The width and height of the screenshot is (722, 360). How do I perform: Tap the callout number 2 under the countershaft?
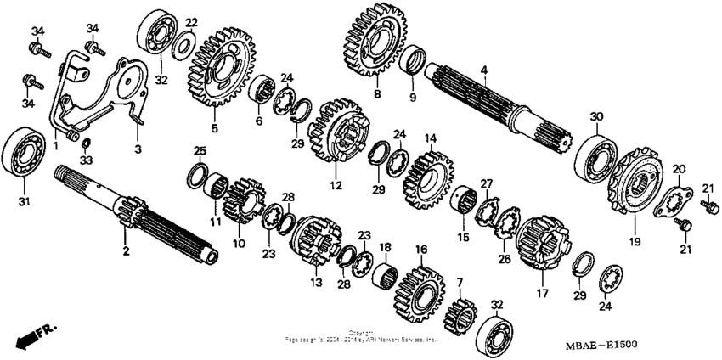click(x=126, y=252)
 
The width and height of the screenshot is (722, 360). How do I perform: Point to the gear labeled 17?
click(x=541, y=242)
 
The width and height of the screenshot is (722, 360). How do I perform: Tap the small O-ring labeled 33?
click(x=85, y=140)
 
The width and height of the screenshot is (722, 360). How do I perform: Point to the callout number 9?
click(x=414, y=97)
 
